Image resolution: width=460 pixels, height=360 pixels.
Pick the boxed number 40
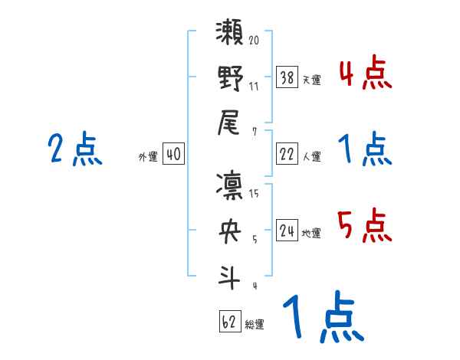(x=173, y=154)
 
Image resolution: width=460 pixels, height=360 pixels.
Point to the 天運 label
(x=310, y=80)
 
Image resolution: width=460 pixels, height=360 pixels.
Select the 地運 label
(x=310, y=233)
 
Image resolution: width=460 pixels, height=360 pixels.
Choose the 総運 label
(x=255, y=324)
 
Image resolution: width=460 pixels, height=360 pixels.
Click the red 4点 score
(x=365, y=74)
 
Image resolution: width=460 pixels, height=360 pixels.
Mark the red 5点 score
(x=365, y=225)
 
